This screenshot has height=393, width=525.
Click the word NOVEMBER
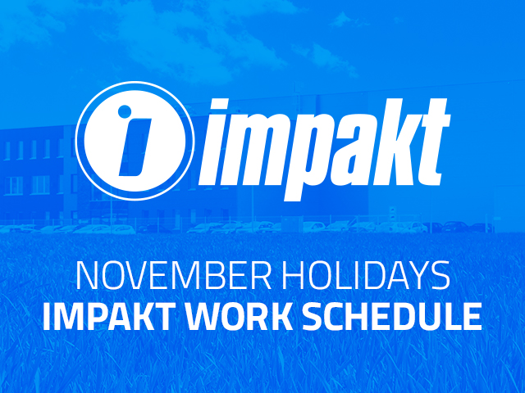[173, 276]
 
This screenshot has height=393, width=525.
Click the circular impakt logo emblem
[135, 141]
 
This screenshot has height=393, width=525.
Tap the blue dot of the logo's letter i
[125, 111]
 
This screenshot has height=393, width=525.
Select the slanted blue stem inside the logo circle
[135, 147]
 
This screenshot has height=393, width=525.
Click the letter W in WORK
[205, 316]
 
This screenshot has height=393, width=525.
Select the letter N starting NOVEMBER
[87, 276]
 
